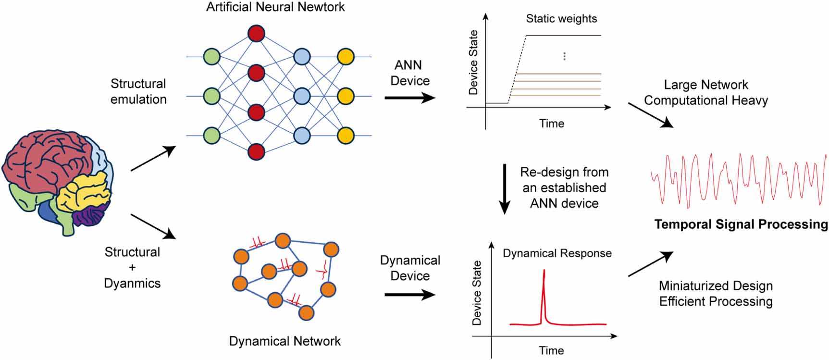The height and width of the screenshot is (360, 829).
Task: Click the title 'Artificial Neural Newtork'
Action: pyautogui.click(x=275, y=7)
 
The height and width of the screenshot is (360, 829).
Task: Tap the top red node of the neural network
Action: pyautogui.click(x=256, y=34)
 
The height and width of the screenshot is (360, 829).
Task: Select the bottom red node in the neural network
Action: pyautogui.click(x=256, y=151)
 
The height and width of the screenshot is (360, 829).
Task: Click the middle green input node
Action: pyautogui.click(x=211, y=96)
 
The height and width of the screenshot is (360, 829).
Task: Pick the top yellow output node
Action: pyautogui.click(x=346, y=57)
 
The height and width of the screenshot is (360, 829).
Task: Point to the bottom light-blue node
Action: pyautogui.click(x=302, y=136)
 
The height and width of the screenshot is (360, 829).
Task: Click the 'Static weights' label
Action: pyautogui.click(x=561, y=19)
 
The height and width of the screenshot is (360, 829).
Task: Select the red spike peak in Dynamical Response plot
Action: pyautogui.click(x=544, y=272)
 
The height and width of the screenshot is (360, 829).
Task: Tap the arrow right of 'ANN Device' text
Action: pyautogui.click(x=409, y=98)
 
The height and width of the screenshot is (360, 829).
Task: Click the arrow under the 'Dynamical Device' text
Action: pyautogui.click(x=409, y=295)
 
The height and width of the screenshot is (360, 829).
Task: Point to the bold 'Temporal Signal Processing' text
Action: pyautogui.click(x=741, y=224)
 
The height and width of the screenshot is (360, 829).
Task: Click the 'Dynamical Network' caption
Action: pyautogui.click(x=285, y=341)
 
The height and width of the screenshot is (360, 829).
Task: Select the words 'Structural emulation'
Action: pyautogui.click(x=138, y=91)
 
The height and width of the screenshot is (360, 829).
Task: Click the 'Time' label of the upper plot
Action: pyautogui.click(x=551, y=124)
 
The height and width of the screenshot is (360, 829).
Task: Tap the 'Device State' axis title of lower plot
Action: pyautogui.click(x=476, y=293)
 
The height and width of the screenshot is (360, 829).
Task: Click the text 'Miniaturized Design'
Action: pyautogui.click(x=716, y=286)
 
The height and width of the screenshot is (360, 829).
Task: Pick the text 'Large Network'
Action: pyautogui.click(x=705, y=85)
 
